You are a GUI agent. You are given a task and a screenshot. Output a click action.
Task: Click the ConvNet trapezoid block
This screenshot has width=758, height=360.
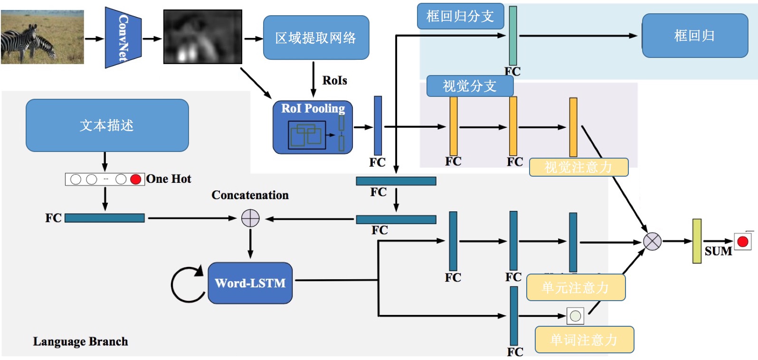tap(123, 38)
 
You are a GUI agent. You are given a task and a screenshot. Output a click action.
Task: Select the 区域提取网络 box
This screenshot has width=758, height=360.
tap(316, 38)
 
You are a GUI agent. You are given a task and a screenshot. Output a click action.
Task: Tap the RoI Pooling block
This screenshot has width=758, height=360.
tap(313, 127)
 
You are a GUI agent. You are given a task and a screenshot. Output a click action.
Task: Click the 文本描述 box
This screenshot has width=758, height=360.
tap(107, 125)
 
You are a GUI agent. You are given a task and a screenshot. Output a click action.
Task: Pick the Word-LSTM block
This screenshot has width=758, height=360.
tap(250, 283)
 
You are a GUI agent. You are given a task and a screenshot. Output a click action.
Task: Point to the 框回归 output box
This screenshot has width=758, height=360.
tap(694, 36)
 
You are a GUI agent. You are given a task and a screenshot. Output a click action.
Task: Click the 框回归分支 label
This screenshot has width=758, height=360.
tap(459, 17)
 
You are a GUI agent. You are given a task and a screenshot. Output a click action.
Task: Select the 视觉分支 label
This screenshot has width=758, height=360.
tap(469, 86)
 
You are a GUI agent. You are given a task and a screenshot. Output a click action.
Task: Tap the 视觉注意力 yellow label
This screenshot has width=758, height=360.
tap(578, 167)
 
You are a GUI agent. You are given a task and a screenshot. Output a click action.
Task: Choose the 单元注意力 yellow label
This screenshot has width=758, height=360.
tap(575, 288)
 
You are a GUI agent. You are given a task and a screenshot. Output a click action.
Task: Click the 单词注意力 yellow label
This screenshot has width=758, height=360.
tap(584, 340)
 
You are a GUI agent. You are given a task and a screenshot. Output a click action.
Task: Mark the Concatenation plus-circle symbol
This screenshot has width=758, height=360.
tap(250, 218)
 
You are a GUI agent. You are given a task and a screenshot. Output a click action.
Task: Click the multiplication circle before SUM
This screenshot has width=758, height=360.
tap(652, 241)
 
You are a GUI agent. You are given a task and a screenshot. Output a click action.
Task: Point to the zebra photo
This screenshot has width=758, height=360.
tap(42, 37)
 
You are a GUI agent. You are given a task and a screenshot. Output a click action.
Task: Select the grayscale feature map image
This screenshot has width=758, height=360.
tap(203, 37)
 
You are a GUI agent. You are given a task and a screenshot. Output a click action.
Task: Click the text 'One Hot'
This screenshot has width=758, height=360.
tap(169, 179)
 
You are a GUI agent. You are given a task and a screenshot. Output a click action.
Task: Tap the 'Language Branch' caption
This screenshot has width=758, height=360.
tap(80, 341)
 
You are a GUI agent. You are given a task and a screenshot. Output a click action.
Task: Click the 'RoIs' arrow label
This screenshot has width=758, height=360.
tap(334, 81)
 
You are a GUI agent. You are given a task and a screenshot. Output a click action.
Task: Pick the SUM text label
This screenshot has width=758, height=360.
tap(718, 251)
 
